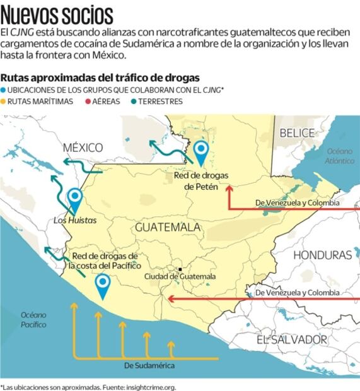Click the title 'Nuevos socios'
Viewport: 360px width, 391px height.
[57, 13]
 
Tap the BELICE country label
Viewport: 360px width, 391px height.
[296, 132]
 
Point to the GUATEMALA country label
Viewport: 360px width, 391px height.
[168, 227]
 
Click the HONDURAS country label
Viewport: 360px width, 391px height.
[322, 255]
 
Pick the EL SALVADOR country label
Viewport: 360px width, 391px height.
[292, 339]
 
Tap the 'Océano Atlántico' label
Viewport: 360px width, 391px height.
[340, 156]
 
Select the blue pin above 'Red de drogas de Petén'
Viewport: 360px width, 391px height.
[201, 151]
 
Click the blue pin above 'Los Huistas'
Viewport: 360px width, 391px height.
[75, 198]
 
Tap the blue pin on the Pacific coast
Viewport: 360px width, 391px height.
[102, 286]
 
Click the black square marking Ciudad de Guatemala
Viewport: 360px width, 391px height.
[180, 269]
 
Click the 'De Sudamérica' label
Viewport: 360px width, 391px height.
[149, 365]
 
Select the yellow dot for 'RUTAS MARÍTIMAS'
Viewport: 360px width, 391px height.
[4, 101]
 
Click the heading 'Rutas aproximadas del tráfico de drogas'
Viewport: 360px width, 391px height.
[100, 77]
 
